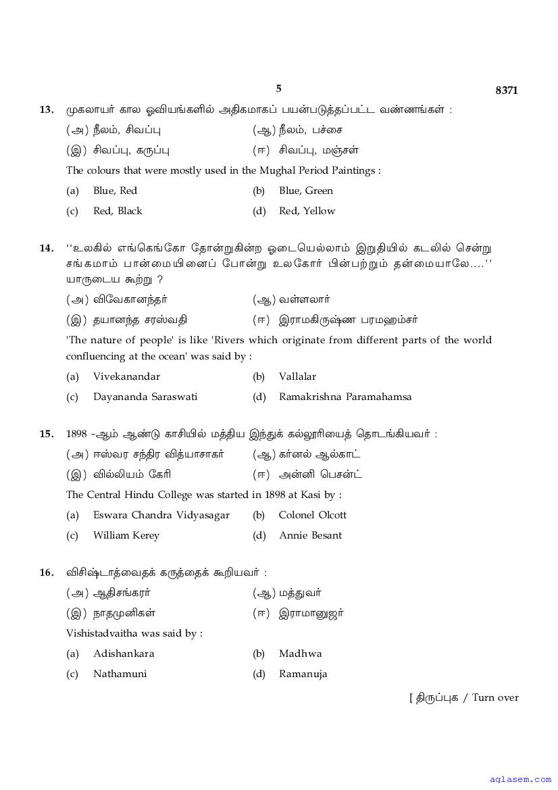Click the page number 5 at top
point(278,89)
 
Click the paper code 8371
point(506,91)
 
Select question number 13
point(47,109)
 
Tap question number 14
point(47,248)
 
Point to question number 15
point(47,434)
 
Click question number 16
point(47,572)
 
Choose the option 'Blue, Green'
point(305,191)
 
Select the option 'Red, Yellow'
point(307,211)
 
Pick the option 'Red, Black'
point(118,211)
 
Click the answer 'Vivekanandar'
point(126,376)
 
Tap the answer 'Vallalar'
point(297,376)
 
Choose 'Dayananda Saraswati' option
point(145,397)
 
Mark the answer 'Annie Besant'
point(310,535)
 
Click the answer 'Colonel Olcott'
point(312,515)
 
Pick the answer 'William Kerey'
point(126,535)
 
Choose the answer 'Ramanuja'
point(303,674)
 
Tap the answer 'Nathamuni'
point(120,674)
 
